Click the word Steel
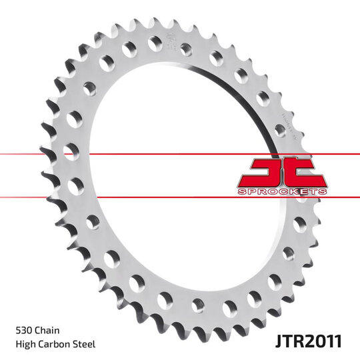pos(85,344)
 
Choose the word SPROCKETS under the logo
pos(282,191)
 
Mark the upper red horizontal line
pos(133,154)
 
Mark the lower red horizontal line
pos(133,197)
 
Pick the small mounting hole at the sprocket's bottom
pos(198,305)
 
